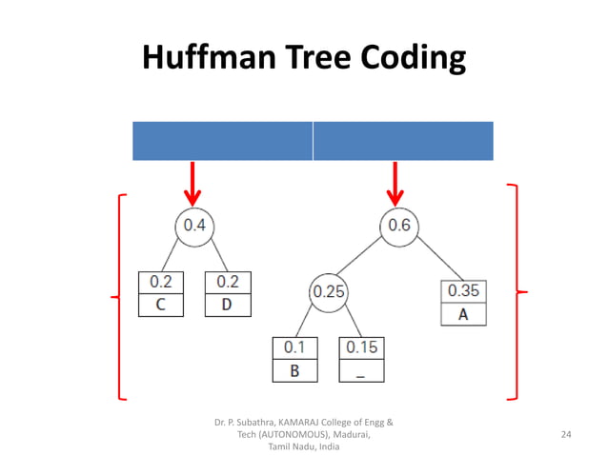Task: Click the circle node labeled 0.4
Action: point(194,226)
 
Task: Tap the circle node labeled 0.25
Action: point(329,292)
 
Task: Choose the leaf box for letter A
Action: point(463,303)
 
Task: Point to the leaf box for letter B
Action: point(295,360)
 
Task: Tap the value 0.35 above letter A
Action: point(463,291)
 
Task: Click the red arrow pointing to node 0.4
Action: point(193,183)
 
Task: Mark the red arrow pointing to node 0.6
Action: point(395,183)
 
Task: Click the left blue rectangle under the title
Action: point(222,141)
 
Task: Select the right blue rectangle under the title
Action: point(403,141)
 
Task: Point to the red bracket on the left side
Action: point(117,296)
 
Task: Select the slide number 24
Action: point(567,434)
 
